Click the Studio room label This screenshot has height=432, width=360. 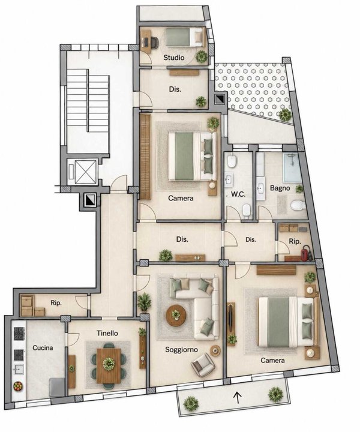(x=174, y=58)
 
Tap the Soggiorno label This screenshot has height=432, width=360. (x=181, y=350)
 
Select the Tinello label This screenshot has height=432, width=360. (x=107, y=333)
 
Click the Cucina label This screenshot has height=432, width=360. (x=43, y=347)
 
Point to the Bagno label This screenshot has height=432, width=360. (x=280, y=188)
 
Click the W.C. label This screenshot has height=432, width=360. (x=238, y=194)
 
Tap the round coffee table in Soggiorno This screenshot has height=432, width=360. (x=176, y=316)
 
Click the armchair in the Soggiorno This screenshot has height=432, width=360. (x=203, y=365)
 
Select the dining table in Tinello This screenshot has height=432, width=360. (x=109, y=365)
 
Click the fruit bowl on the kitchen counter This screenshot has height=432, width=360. (x=18, y=386)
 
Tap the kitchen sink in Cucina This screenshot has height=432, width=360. (x=19, y=370)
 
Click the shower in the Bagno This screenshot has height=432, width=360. (x=293, y=167)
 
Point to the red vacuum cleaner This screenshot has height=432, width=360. (x=305, y=253)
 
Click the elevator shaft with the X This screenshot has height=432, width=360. (x=86, y=172)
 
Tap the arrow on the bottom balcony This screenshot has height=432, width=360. (x=238, y=397)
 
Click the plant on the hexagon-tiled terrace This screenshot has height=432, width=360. (x=285, y=115)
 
